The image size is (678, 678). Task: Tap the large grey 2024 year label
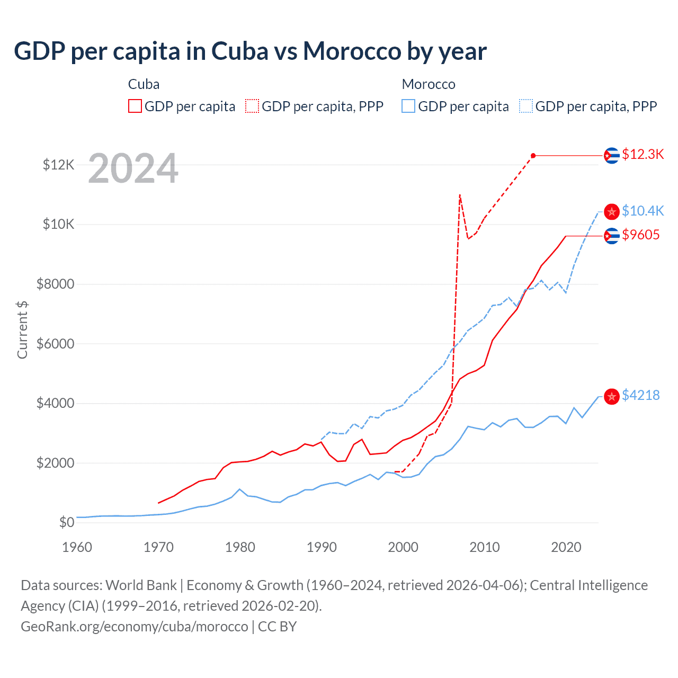click(x=133, y=169)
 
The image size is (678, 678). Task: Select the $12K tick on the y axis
click(x=59, y=165)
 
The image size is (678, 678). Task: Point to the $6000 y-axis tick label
click(x=55, y=344)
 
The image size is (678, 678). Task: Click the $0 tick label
click(x=66, y=523)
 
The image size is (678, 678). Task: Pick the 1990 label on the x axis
click(x=322, y=547)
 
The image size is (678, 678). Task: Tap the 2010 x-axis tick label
click(x=484, y=547)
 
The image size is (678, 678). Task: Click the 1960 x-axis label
click(x=77, y=547)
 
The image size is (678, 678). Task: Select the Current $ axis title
click(x=22, y=329)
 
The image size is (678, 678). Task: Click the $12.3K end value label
click(x=643, y=154)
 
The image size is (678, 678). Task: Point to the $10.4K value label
click(x=643, y=211)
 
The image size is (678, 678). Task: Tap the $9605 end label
click(x=640, y=235)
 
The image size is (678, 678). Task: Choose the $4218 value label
click(x=640, y=395)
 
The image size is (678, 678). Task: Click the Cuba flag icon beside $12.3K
click(x=612, y=156)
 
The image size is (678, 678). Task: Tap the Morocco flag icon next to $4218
click(x=612, y=397)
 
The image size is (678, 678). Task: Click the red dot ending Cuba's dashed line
click(x=533, y=156)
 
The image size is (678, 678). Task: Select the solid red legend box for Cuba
click(x=135, y=106)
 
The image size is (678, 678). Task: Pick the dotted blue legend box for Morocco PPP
click(x=526, y=106)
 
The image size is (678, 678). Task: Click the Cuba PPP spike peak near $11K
click(x=460, y=195)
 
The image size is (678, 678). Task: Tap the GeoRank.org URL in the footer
click(x=135, y=627)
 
